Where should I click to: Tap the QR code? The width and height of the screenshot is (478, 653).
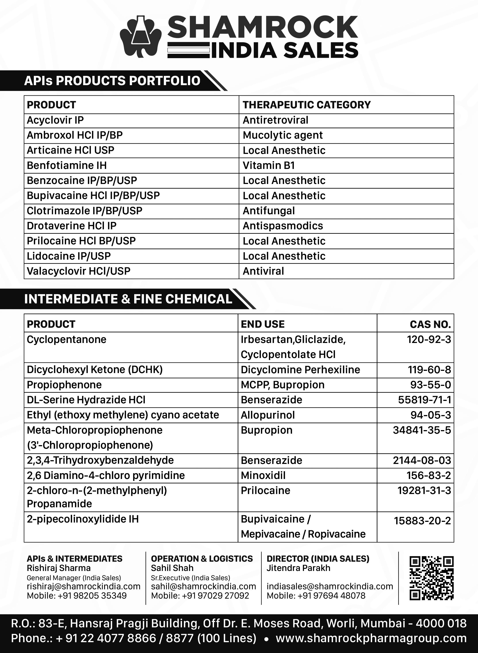431,578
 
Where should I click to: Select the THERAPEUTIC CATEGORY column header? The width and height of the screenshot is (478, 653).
306,105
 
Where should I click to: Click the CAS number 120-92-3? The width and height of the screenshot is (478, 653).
429,339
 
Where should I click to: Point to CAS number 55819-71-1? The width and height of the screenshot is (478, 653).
424,400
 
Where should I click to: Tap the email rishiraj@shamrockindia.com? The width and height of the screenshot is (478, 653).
83,586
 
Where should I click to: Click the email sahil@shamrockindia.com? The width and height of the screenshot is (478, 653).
203,586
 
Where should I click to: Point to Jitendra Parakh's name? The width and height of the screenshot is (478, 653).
298,568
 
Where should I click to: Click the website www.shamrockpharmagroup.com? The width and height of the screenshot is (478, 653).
371,638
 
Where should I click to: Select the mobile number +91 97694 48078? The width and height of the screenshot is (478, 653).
316,596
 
